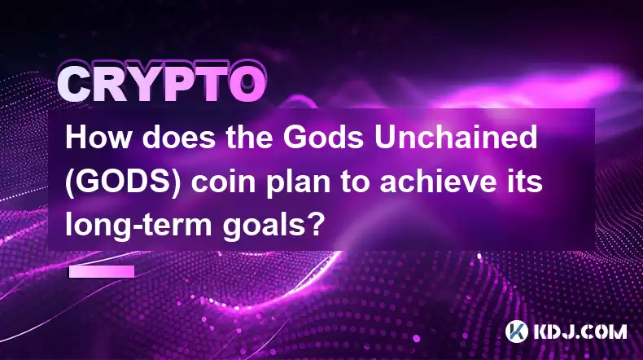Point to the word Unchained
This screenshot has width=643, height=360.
(457, 138)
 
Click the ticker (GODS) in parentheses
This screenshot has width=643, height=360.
(123, 182)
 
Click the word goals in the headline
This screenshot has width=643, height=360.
(262, 226)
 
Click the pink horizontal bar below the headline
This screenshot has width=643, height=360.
(102, 271)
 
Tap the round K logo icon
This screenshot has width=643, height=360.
(516, 331)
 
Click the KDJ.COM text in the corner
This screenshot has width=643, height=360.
(580, 332)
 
